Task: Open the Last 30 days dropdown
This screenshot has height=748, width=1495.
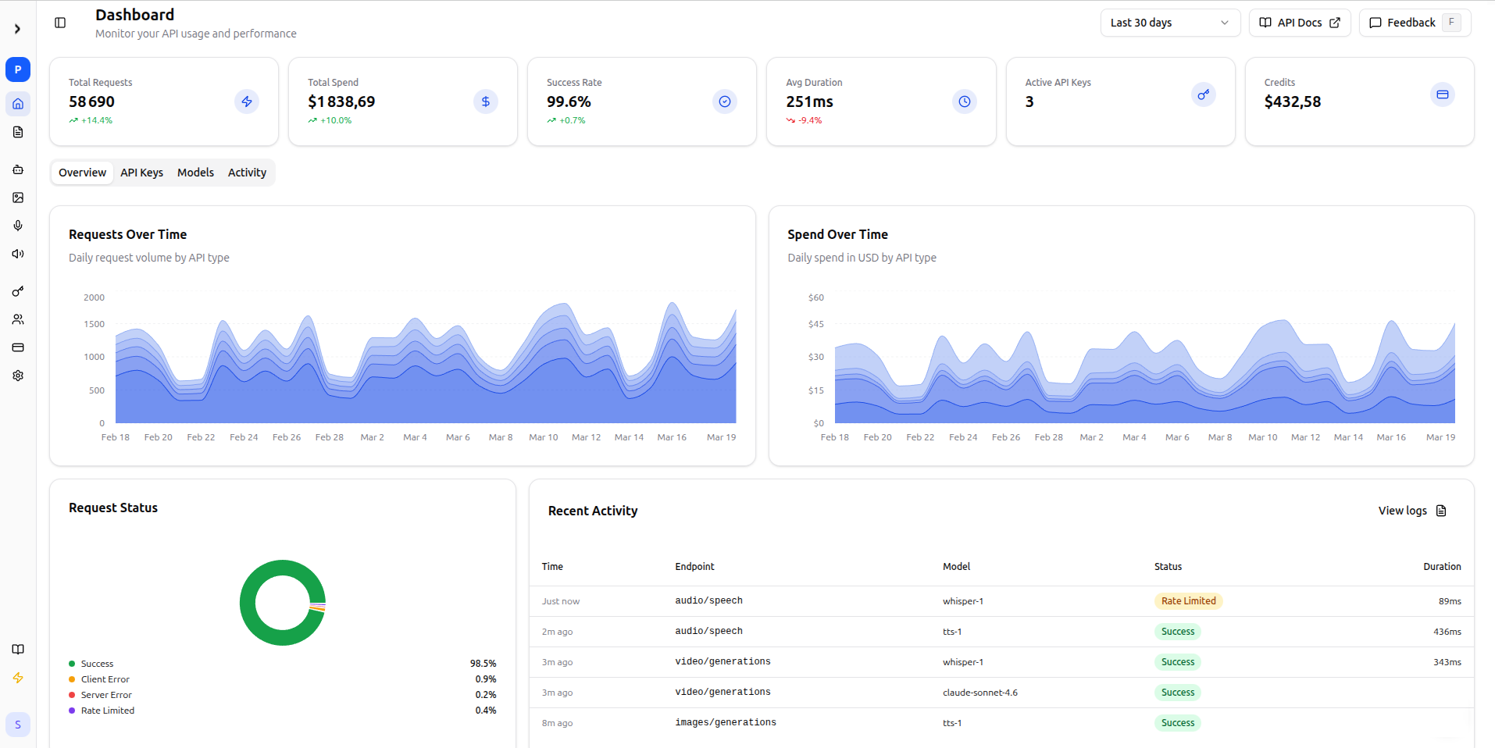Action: click(1169, 23)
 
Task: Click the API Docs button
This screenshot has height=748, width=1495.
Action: click(1300, 23)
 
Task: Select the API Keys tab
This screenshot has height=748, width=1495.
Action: click(141, 173)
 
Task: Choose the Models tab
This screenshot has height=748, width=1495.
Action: click(195, 173)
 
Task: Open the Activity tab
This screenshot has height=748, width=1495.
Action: click(247, 173)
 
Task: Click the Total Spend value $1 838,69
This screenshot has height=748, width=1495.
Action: click(341, 102)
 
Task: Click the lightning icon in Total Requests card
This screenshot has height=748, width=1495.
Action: click(247, 102)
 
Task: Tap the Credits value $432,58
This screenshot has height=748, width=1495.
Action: click(1292, 102)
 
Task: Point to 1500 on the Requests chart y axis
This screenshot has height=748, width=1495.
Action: click(94, 324)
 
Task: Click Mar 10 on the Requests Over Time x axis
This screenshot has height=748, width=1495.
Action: click(543, 437)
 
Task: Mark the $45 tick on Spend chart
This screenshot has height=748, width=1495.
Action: click(815, 324)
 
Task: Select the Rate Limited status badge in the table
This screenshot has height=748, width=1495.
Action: click(1188, 601)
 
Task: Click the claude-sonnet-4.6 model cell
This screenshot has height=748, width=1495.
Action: click(979, 693)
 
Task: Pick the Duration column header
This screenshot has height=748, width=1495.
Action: click(1441, 567)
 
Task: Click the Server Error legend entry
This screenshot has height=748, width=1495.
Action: click(106, 695)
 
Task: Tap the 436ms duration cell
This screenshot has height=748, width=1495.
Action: click(1447, 632)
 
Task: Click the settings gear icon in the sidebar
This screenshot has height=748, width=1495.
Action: click(18, 376)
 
